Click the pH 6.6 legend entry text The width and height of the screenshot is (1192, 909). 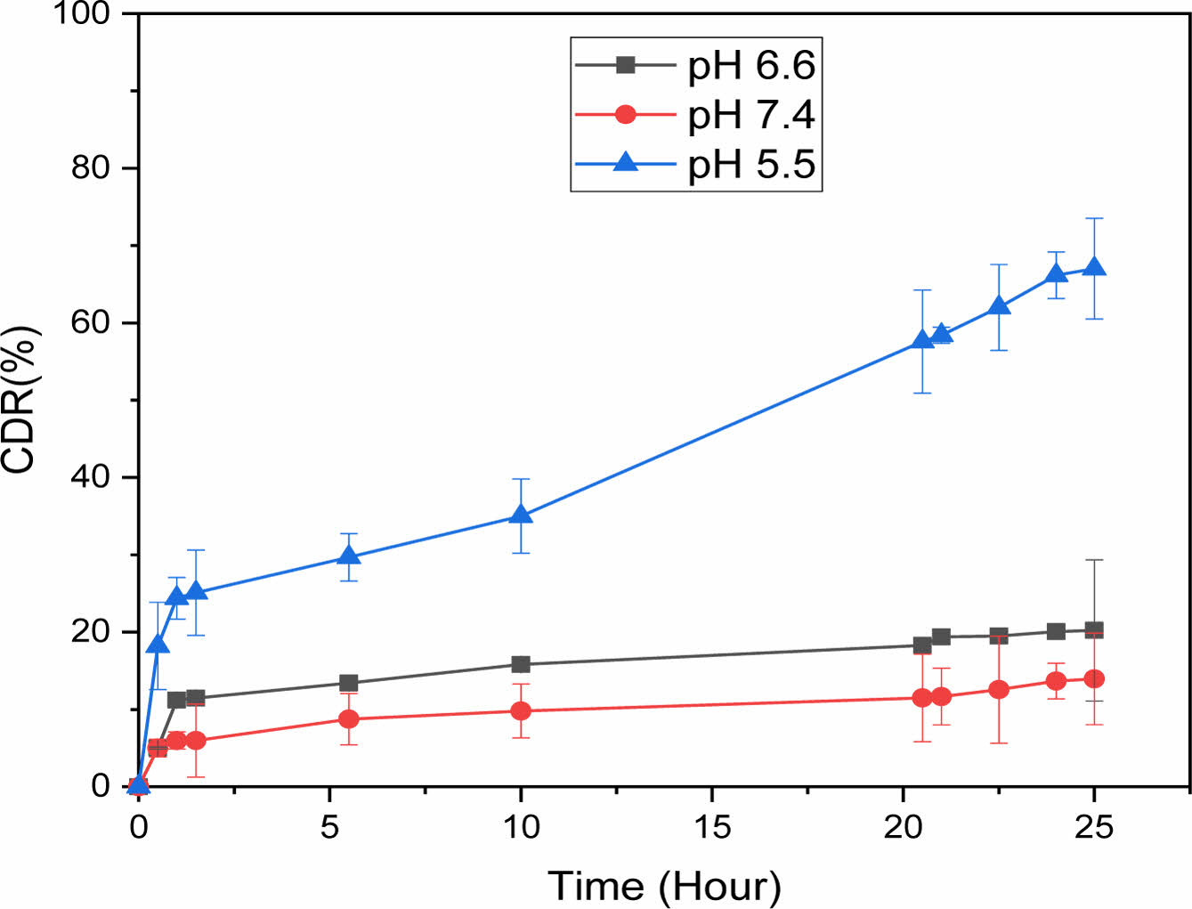(x=751, y=65)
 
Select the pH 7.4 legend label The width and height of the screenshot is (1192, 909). (x=751, y=115)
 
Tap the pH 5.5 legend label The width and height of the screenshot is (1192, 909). (x=751, y=165)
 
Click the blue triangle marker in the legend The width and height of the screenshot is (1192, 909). (x=626, y=162)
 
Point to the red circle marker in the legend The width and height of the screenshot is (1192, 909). (x=626, y=115)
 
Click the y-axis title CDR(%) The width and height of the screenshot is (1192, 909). (x=20, y=399)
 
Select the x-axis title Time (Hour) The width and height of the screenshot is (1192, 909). (x=664, y=886)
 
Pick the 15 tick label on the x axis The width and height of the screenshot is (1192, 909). (x=712, y=827)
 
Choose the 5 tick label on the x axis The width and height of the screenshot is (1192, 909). (x=330, y=827)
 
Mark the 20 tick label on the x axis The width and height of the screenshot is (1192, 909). (x=904, y=827)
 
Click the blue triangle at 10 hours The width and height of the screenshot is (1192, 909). (x=521, y=515)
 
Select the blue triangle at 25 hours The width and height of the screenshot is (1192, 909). (x=1094, y=267)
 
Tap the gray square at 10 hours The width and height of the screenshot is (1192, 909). (x=521, y=664)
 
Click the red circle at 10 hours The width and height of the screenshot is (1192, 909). (x=521, y=710)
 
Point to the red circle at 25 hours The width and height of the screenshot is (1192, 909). (x=1094, y=678)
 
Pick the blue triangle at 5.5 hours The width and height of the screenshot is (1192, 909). (x=349, y=556)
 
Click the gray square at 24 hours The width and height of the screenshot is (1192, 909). (x=1056, y=631)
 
